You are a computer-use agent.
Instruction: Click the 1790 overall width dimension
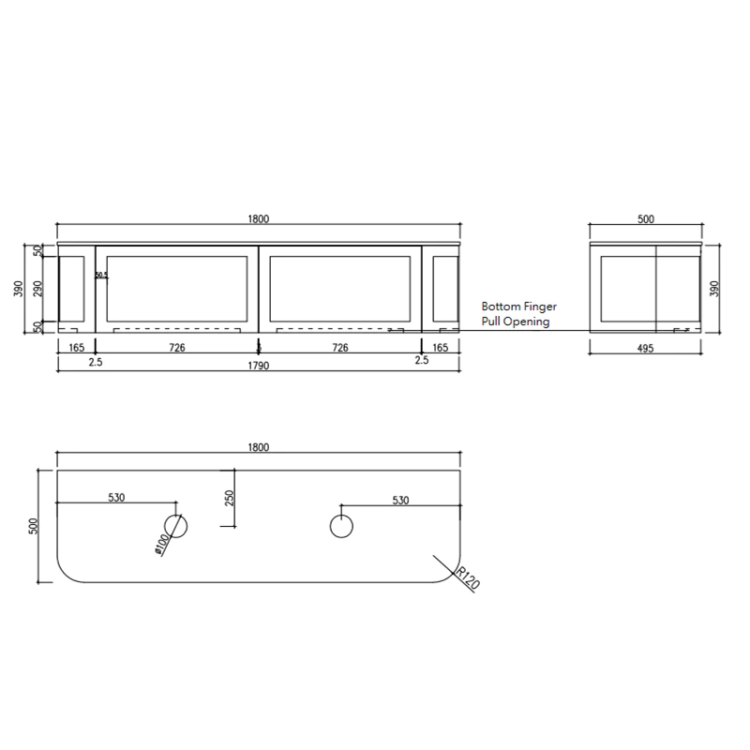point(259,366)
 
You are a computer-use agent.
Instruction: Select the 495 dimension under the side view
point(645,348)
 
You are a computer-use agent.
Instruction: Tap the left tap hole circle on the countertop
point(176,526)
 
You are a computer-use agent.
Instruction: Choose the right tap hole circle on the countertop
point(341,526)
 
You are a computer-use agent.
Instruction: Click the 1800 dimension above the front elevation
point(259,219)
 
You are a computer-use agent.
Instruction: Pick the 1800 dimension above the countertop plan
point(259,447)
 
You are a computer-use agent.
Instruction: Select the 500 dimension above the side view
point(645,219)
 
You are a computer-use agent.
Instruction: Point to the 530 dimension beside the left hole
point(116,499)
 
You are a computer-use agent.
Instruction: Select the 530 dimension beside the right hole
point(400,501)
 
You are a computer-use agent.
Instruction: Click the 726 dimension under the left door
point(176,348)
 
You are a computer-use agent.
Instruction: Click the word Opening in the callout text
point(527,322)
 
